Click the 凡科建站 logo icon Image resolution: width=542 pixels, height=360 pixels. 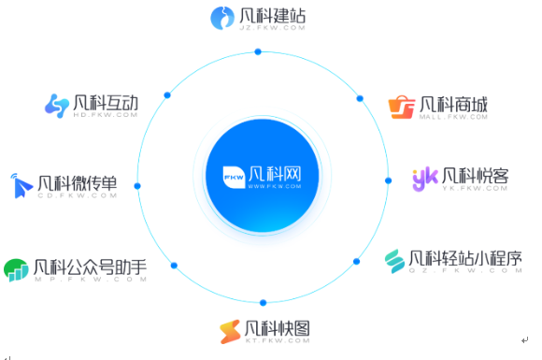pyautogui.click(x=222, y=17)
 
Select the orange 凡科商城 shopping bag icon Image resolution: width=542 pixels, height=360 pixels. pyautogui.click(x=402, y=107)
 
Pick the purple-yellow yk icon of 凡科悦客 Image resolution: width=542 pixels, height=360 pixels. pyautogui.click(x=425, y=178)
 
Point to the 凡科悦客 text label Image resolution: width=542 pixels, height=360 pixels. pyautogui.click(x=475, y=175)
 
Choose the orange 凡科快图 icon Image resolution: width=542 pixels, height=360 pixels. pyautogui.click(x=229, y=331)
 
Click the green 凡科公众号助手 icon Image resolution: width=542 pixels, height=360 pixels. pyautogui.click(x=15, y=269)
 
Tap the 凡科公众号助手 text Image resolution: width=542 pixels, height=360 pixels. pyautogui.click(x=90, y=267)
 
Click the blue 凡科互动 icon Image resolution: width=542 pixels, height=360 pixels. pyautogui.click(x=57, y=105)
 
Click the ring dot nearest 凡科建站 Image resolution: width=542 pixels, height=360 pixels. pyautogui.click(x=258, y=51)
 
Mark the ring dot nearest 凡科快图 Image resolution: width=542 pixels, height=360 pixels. pyautogui.click(x=264, y=302)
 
